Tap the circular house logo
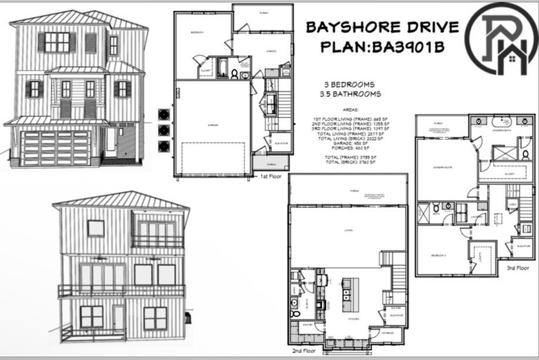(501, 38)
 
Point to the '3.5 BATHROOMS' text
(350, 94)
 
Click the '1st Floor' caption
(271, 175)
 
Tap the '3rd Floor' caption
(518, 267)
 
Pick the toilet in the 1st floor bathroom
(235, 74)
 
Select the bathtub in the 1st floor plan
(223, 69)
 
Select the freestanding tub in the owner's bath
(501, 121)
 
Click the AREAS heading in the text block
(350, 110)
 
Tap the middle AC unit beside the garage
(163, 129)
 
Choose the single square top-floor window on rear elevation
(96, 228)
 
